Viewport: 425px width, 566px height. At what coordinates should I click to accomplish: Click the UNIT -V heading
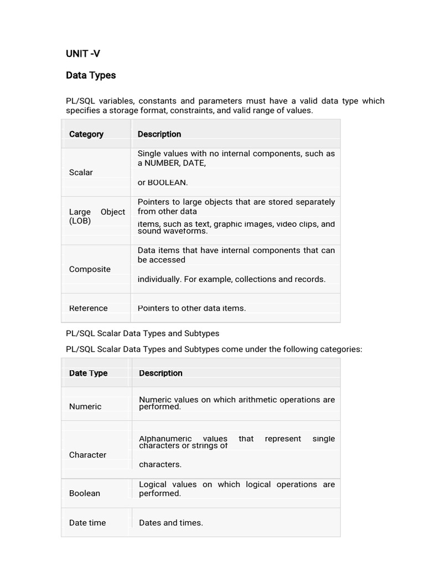coord(83,54)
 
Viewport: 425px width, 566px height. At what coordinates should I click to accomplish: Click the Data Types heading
coord(91,75)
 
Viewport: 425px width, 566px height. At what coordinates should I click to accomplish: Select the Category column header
coord(86,134)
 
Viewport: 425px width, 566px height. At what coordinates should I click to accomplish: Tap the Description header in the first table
coord(159,134)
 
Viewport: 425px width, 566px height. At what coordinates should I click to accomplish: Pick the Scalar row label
coord(81,172)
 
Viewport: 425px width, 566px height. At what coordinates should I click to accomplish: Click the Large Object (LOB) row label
coord(97,216)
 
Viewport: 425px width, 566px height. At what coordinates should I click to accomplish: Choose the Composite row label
coord(90,269)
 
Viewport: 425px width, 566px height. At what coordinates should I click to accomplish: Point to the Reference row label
coord(89,308)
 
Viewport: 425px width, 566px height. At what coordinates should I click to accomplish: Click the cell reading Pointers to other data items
coord(191,308)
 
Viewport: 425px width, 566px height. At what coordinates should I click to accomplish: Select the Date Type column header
coord(88,373)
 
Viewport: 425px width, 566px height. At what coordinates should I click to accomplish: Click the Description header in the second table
coord(160,373)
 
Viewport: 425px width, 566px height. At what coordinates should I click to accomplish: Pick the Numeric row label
coord(85,406)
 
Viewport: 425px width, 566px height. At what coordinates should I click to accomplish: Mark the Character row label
coord(87,455)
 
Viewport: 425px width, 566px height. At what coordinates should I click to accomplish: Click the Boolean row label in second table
coord(85,493)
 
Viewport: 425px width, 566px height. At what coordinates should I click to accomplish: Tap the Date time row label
coord(87,523)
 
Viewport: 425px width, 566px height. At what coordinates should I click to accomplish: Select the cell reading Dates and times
coord(171,523)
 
